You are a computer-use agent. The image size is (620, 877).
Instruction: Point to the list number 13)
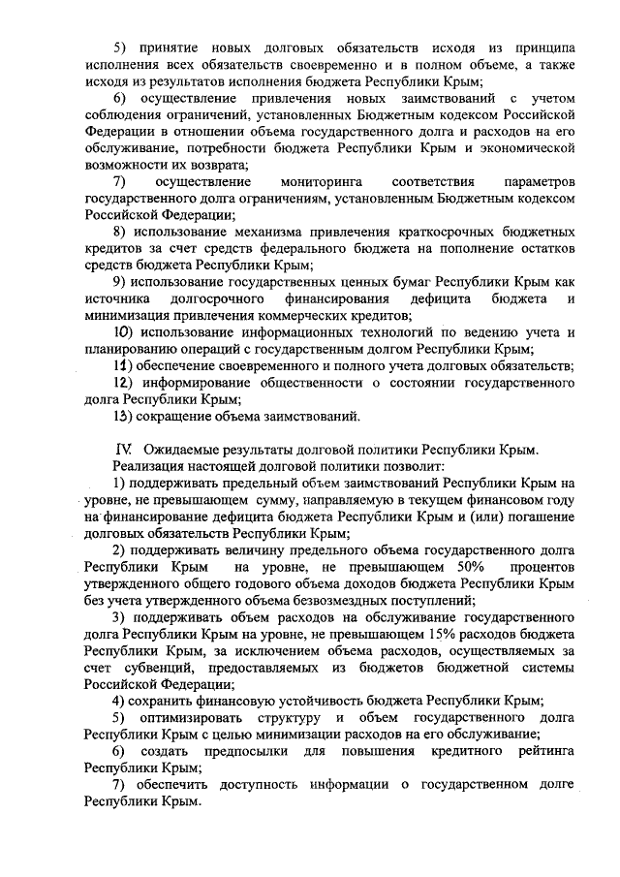124,417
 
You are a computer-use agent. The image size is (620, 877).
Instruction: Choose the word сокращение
184,417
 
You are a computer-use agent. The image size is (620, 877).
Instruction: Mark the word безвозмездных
317,599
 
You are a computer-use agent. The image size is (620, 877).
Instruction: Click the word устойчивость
322,701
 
